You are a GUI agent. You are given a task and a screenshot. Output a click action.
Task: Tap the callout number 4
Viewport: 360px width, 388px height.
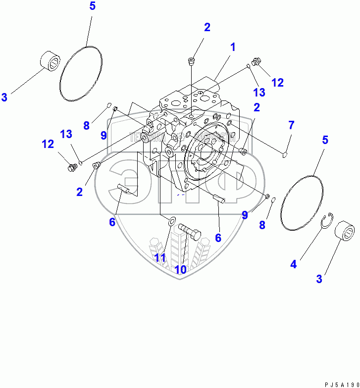pos(294,264)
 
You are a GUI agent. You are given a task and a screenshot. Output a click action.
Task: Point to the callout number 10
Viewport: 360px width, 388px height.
pos(180,269)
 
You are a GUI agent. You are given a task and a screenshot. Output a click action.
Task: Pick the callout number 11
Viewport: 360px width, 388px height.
pos(159,257)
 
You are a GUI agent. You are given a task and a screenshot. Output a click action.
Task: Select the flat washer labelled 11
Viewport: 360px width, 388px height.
pos(171,221)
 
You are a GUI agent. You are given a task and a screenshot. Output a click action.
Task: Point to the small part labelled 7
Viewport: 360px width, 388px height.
pos(285,155)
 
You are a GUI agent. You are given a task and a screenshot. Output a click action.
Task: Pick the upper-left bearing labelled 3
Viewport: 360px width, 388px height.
pos(50,61)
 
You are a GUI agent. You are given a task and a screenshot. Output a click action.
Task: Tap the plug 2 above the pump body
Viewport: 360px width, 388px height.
pos(192,61)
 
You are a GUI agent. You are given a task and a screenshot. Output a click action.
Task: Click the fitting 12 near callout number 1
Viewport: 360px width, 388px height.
pos(256,62)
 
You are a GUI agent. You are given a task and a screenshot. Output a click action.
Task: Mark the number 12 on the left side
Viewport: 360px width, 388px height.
pos(48,145)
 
